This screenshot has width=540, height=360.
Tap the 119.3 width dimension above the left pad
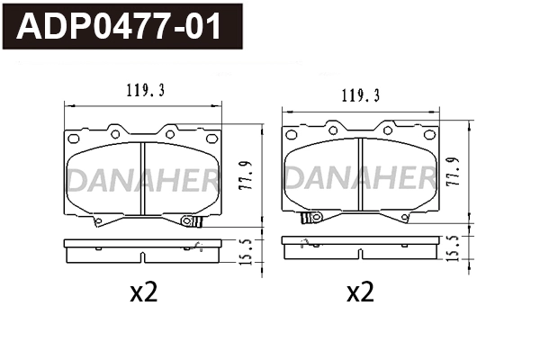pyautogui.click(x=142, y=90)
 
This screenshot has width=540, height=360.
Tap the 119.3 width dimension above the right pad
pyautogui.click(x=359, y=94)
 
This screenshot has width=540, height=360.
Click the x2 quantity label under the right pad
pyautogui.click(x=360, y=292)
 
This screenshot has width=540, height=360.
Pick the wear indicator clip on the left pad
pyautogui.click(x=189, y=221)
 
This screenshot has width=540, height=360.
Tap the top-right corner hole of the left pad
pyautogui.click(x=211, y=139)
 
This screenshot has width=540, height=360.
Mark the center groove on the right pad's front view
pyautogui.click(x=360, y=176)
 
